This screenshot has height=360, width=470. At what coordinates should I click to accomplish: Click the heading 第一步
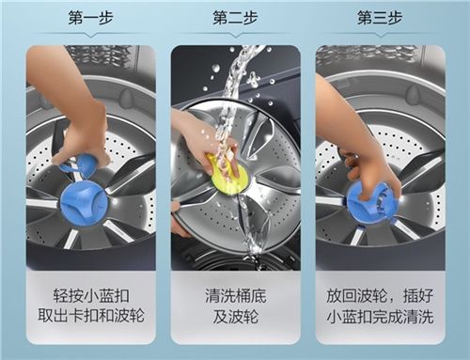tap(90, 18)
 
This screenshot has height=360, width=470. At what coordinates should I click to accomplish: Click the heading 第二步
tap(235, 18)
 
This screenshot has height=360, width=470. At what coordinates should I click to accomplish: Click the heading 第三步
tap(380, 18)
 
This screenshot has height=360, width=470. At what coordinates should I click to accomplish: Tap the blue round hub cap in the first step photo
tap(84, 199)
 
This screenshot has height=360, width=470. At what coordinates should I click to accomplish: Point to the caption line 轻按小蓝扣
tap(91, 296)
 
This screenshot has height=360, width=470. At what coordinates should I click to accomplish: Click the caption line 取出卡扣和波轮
tap(91, 315)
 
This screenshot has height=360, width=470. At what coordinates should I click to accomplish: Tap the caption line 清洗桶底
tap(236, 296)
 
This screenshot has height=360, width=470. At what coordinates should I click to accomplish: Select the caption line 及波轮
tap(236, 316)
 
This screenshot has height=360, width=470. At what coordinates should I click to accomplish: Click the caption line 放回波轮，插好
tap(380, 296)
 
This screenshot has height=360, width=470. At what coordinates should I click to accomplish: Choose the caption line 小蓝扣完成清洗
tap(380, 316)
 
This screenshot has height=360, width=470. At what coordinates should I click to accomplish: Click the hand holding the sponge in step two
tap(204, 138)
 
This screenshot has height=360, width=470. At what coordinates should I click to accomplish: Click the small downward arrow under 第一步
tap(91, 36)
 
